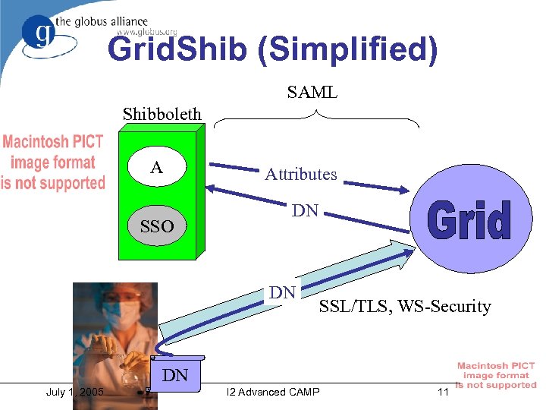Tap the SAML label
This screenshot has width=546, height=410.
coord(312,93)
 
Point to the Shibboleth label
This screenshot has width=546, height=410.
coord(162,114)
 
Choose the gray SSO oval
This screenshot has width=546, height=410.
coord(156,226)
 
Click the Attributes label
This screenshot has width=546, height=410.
coord(300,175)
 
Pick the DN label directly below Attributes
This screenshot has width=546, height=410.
coord(305,210)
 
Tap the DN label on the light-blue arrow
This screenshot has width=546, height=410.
coord(283,292)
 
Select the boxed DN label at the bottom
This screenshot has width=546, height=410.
coord(175,374)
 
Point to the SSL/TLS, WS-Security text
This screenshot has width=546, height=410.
coord(405,307)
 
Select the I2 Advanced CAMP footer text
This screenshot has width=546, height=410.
coord(273,392)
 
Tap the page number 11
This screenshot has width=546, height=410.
coord(443,392)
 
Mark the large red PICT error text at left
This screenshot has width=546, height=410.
coord(53,162)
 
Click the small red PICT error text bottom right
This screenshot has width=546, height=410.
coord(496,376)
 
